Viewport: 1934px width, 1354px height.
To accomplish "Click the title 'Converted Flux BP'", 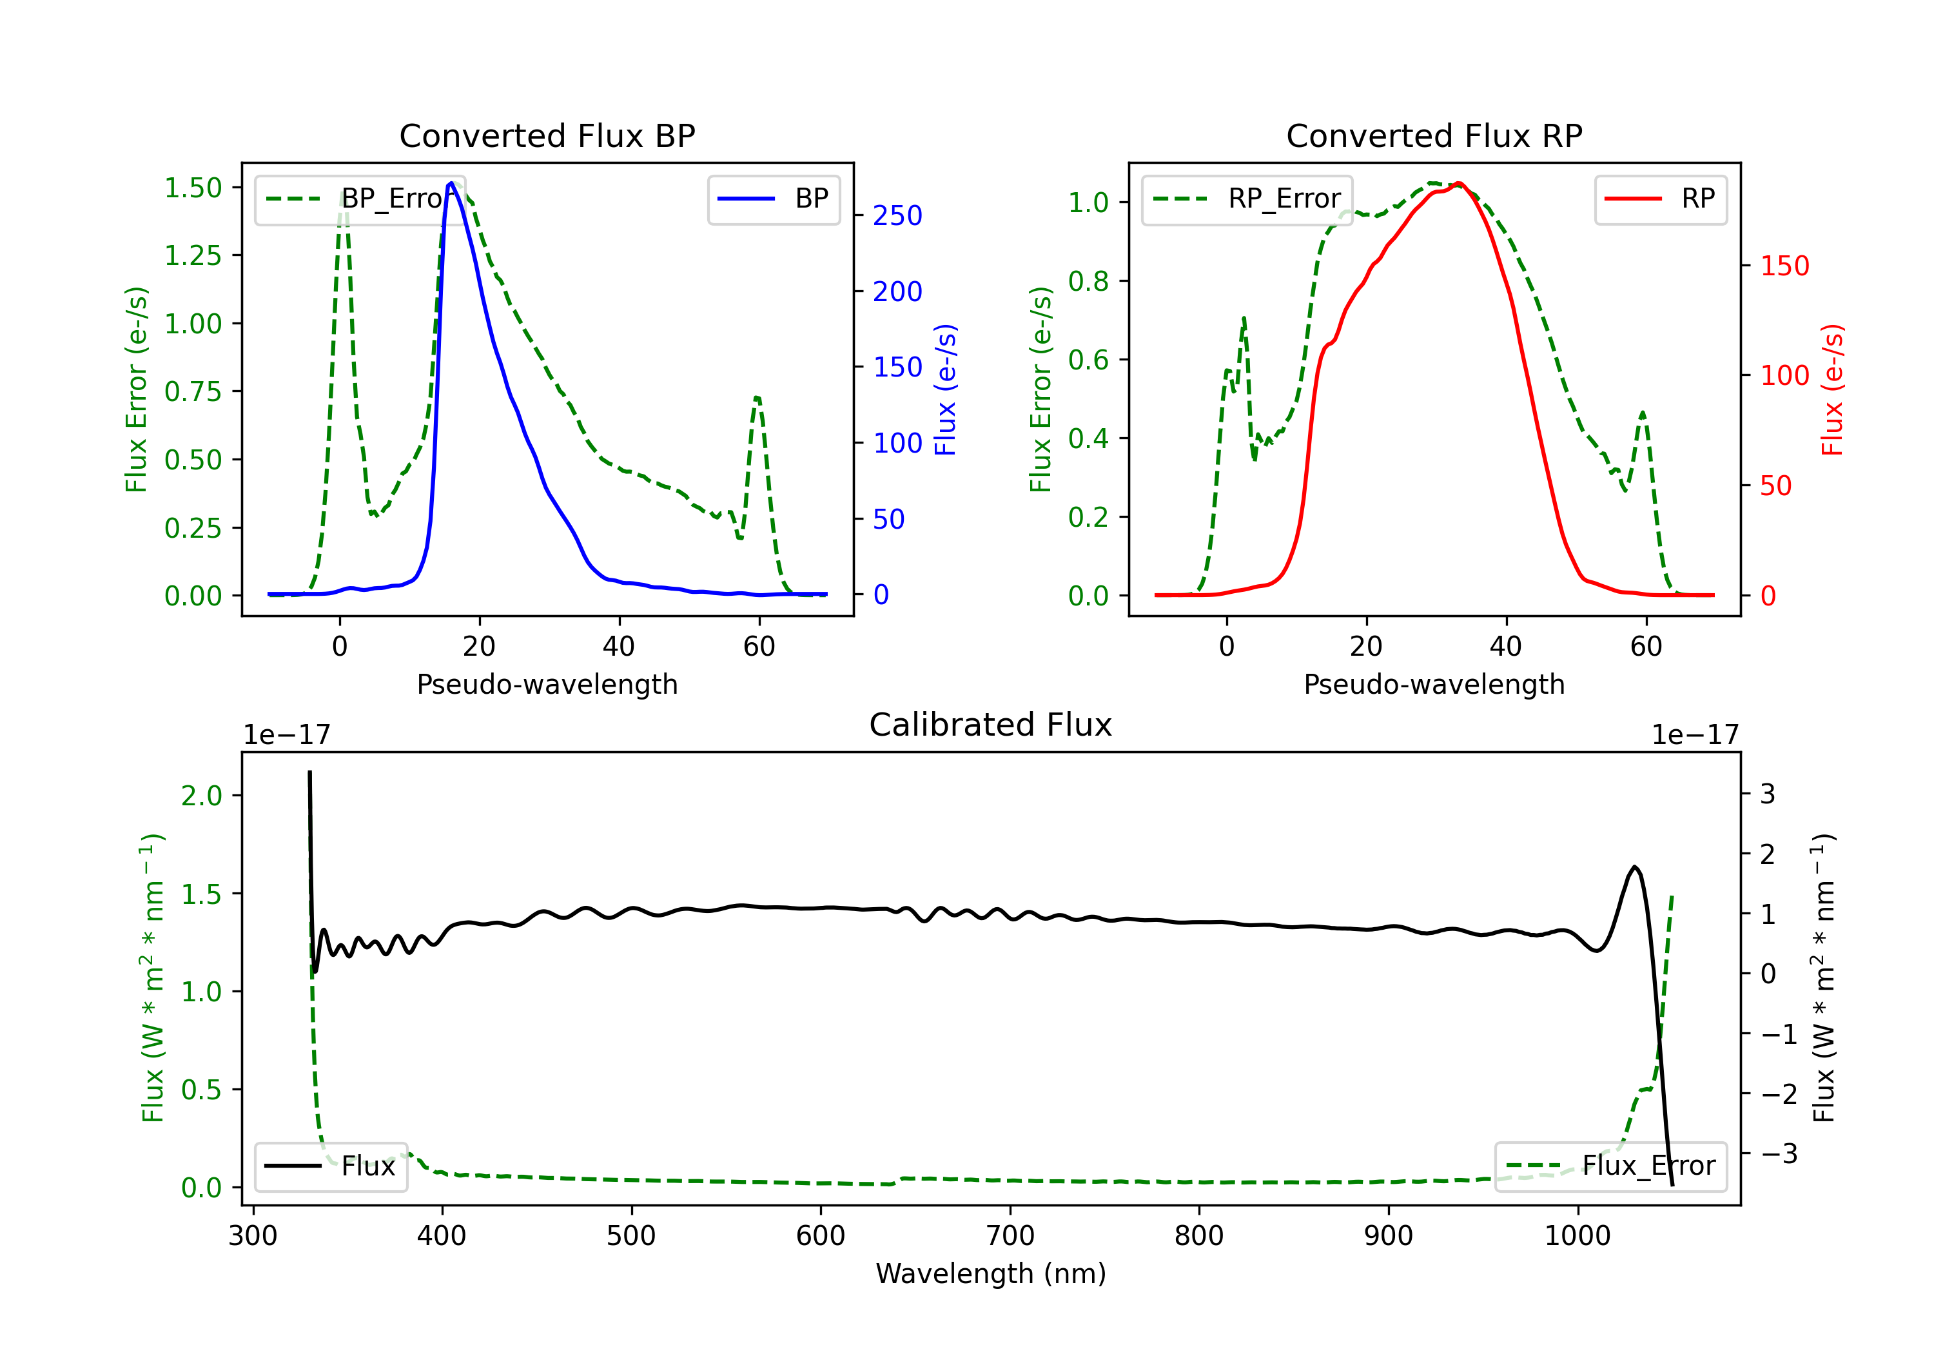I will click(547, 135).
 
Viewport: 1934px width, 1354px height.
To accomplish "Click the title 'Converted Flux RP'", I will click(1434, 135).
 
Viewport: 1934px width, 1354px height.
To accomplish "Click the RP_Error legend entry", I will click(1247, 199).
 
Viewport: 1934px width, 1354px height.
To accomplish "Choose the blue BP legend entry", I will click(773, 199).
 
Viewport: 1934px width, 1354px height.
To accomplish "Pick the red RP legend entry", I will click(1660, 199).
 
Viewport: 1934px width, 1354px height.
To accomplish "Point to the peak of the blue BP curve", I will click(451, 183).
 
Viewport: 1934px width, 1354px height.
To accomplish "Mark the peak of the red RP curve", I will click(1459, 183).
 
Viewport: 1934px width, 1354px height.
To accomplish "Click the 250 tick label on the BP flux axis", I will click(897, 216).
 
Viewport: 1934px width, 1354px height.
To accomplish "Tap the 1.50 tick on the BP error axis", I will click(193, 187).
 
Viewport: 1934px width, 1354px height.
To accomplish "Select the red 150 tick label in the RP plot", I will click(1784, 266).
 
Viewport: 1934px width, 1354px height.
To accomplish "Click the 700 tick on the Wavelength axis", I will click(1010, 1236).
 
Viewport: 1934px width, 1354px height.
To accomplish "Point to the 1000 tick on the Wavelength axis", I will click(1577, 1236).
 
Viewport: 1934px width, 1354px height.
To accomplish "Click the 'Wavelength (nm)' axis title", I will click(991, 1273).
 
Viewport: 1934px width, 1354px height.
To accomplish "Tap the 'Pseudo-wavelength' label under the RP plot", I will click(1434, 684).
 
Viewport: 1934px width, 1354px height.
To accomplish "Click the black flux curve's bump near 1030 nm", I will click(1634, 867).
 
